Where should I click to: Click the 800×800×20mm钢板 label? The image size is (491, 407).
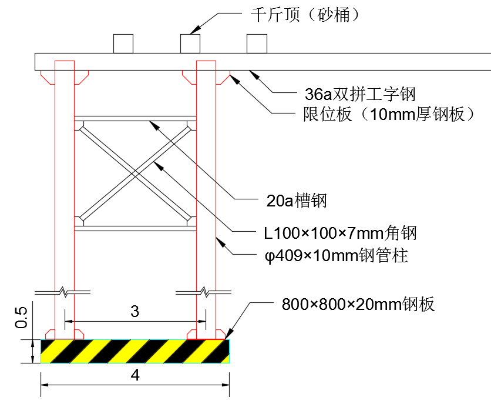[x=358, y=305]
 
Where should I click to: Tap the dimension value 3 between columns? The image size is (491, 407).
[x=135, y=312]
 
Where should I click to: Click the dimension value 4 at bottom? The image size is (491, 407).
[x=135, y=375]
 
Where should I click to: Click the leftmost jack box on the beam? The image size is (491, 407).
[x=123, y=44]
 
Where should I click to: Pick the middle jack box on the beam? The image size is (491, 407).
[x=190, y=44]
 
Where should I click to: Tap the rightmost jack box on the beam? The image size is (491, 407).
[x=257, y=44]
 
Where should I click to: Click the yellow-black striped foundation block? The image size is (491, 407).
[x=135, y=351]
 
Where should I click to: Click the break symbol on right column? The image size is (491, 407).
[x=205, y=291]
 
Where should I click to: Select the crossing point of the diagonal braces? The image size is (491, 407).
[x=135, y=172]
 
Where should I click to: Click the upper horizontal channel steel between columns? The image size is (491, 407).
[x=135, y=118]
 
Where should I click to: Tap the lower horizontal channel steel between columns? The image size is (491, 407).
[x=135, y=226]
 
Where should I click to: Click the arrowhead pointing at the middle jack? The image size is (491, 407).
[x=194, y=31]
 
